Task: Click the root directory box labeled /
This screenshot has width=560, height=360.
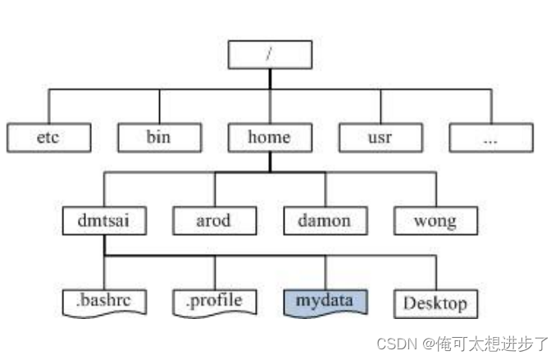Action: (269, 54)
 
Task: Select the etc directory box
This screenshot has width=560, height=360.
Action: (48, 138)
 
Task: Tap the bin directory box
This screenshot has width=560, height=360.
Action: (158, 137)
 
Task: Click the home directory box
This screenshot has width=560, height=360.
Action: (269, 137)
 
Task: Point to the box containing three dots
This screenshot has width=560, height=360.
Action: (490, 138)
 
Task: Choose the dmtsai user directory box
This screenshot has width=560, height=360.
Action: (104, 221)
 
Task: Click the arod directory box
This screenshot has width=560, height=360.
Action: (214, 221)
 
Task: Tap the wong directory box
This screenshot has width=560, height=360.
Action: (435, 221)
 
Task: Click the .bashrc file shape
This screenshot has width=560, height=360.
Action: (104, 302)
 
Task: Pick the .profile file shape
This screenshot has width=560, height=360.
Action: (214, 302)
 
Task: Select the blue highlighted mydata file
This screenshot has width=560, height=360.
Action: (326, 301)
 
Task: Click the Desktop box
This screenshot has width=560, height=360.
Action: (435, 303)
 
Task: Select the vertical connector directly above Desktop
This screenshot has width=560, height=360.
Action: (435, 271)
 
